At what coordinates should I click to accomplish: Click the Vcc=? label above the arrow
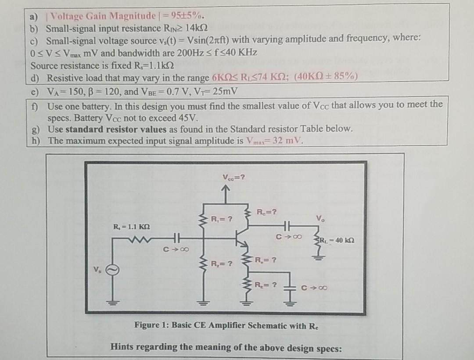click(x=233, y=178)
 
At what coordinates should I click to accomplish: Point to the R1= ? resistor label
click(x=221, y=218)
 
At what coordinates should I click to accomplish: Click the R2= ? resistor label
click(x=221, y=264)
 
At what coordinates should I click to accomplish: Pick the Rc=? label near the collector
click(x=267, y=213)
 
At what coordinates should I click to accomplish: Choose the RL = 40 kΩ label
click(x=337, y=241)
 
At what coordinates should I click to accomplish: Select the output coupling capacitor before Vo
click(x=287, y=226)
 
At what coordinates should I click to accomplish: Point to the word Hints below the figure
click(x=122, y=347)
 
